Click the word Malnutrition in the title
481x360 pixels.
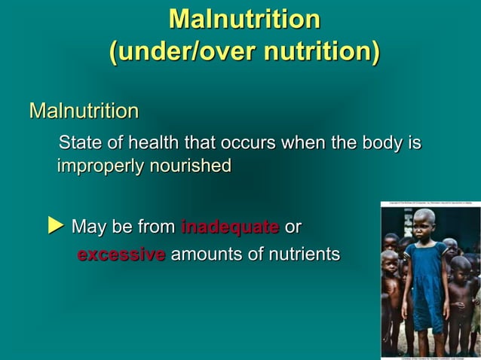244,20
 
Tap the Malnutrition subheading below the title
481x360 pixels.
84,112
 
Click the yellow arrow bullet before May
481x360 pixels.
54,225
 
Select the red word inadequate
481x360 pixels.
230,227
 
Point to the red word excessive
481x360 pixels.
121,255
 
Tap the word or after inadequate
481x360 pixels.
293,226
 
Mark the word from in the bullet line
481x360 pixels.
157,226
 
